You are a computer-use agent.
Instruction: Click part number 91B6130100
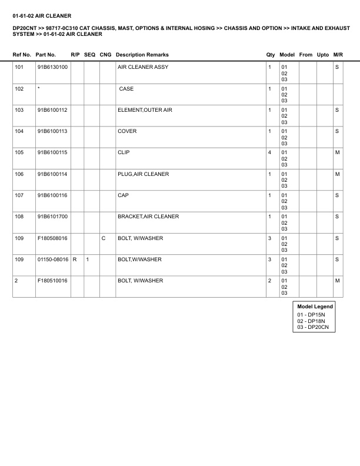[52, 67]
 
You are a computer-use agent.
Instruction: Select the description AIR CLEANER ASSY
[143, 67]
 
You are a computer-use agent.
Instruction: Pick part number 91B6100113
[52, 131]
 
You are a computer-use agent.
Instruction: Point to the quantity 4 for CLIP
[269, 153]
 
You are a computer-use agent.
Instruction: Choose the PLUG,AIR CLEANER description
[143, 174]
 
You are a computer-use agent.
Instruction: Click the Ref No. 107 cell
[19, 195]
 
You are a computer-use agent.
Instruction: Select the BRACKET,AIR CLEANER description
[148, 217]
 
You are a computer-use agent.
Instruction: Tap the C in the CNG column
[104, 238]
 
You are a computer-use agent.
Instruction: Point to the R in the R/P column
[75, 259]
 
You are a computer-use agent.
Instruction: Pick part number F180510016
[52, 281]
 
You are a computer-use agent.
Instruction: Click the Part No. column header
[46, 55]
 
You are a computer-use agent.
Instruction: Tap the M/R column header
[338, 55]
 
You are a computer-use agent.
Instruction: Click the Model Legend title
[315, 307]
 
